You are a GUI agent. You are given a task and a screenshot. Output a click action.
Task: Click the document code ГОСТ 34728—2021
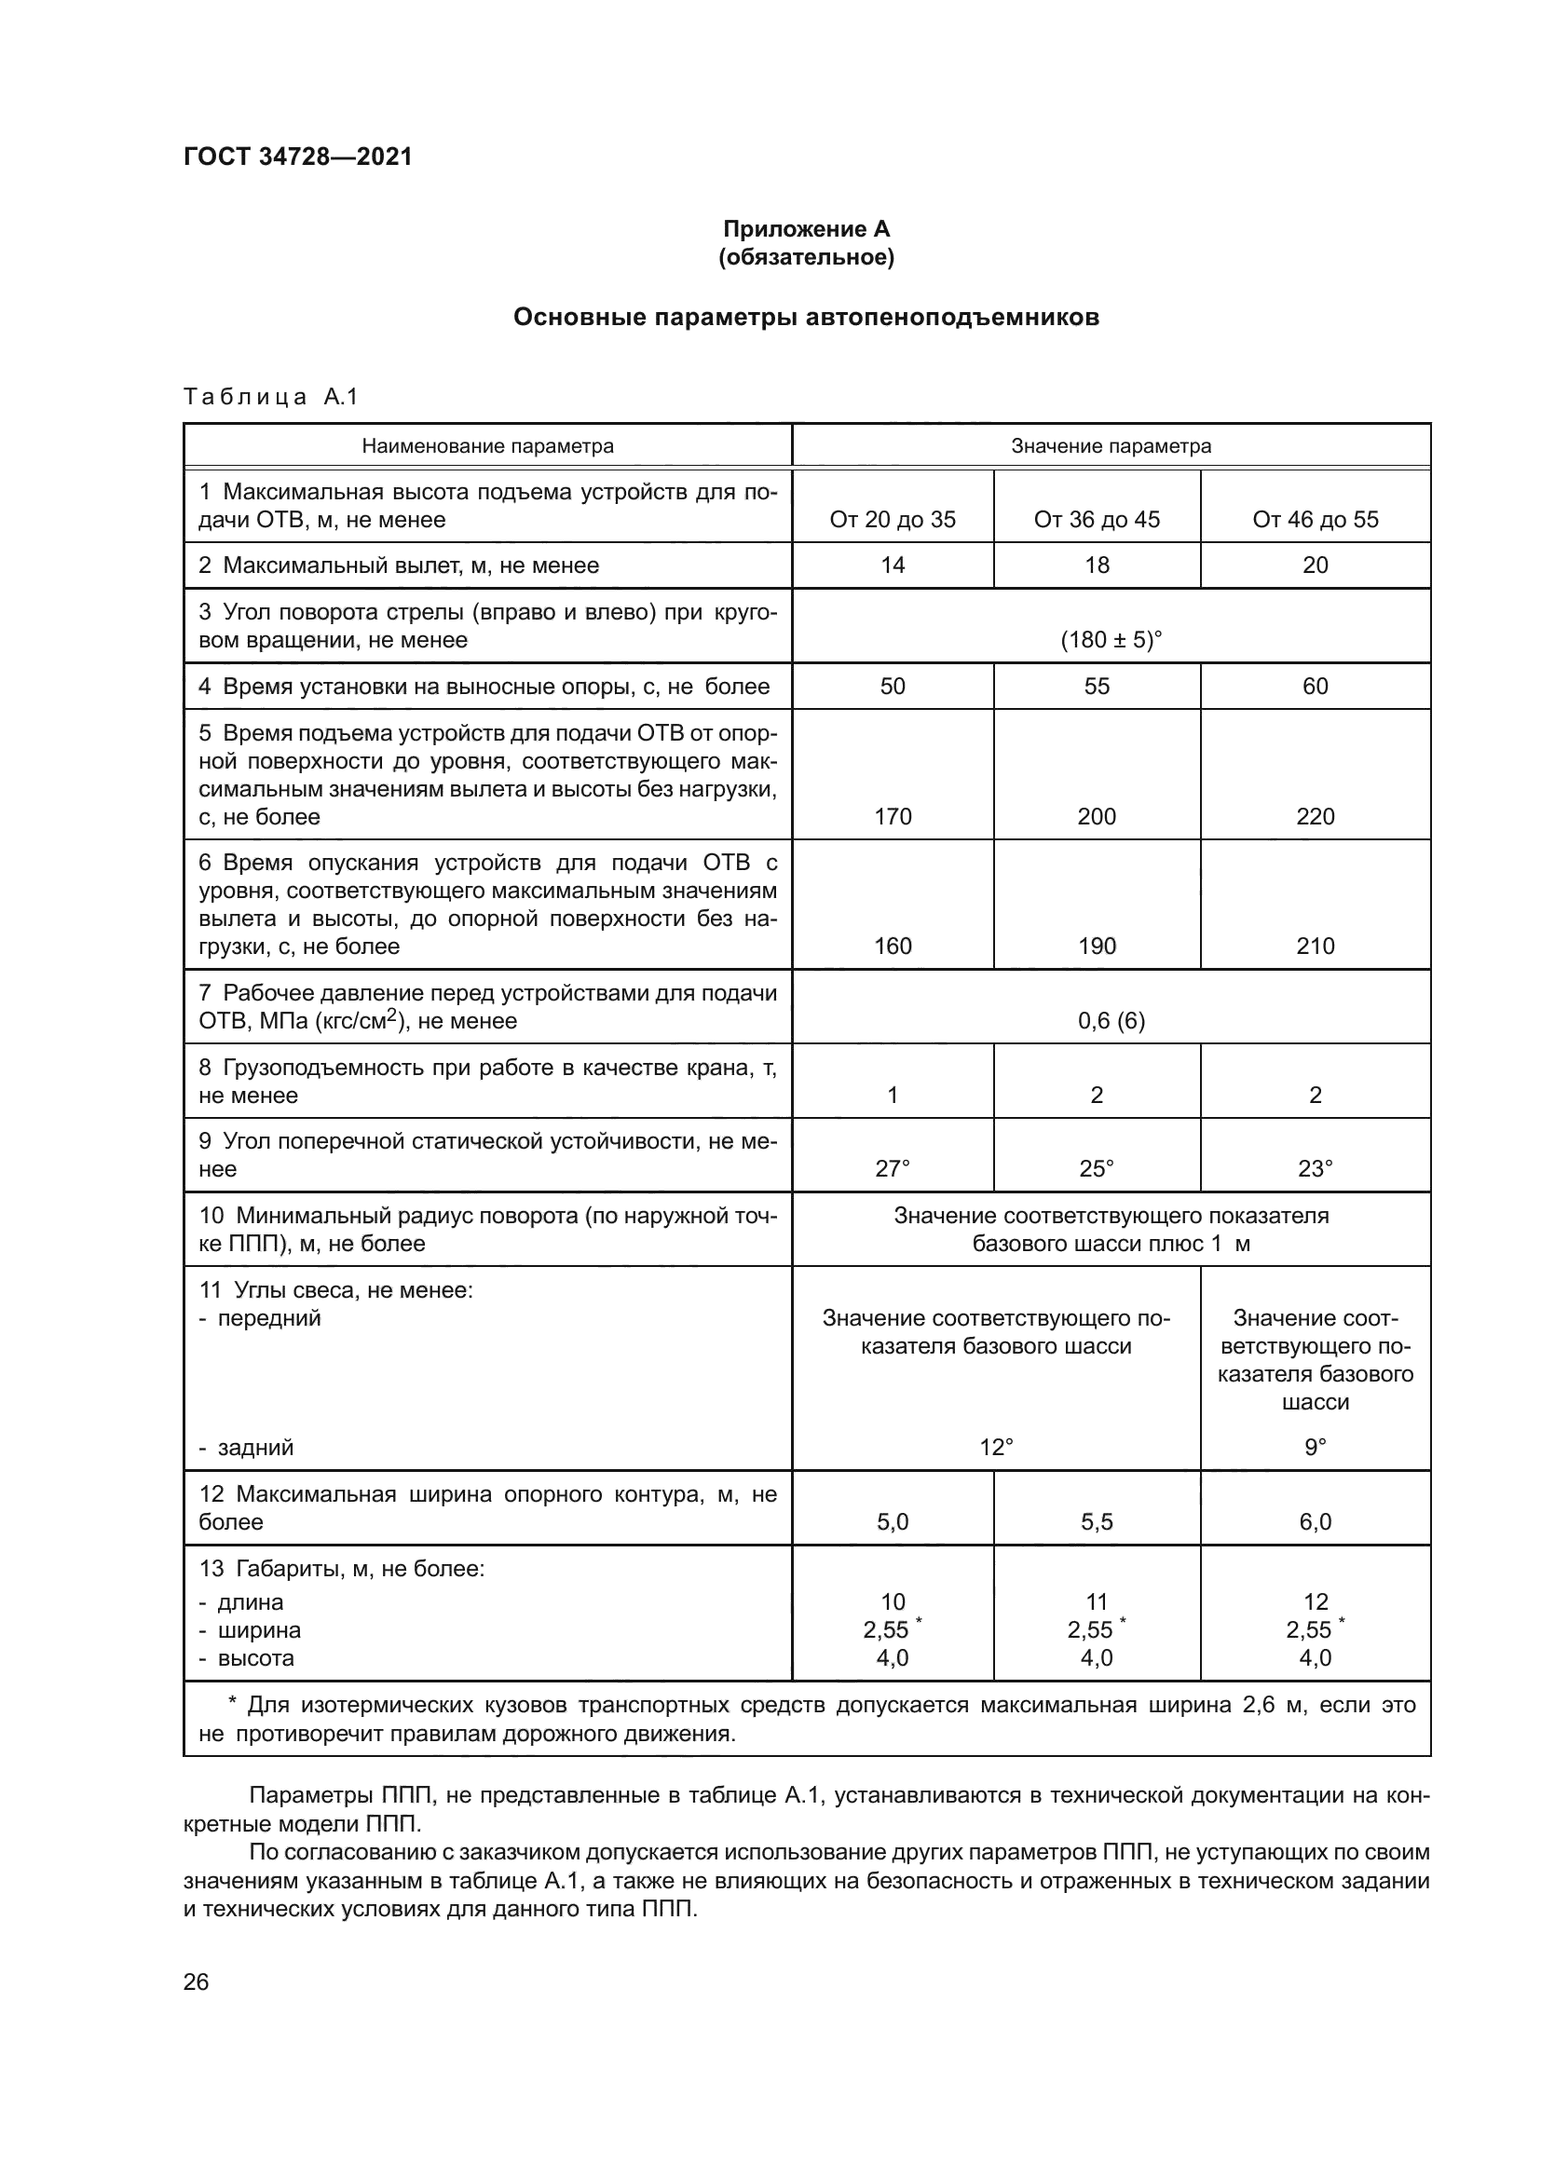298,157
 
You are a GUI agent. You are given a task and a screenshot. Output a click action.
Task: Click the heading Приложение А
806,229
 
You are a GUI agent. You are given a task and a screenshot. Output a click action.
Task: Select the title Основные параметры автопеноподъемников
806,317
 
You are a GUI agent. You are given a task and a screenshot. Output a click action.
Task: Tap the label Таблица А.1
270,397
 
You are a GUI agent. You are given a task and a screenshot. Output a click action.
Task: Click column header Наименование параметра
487,446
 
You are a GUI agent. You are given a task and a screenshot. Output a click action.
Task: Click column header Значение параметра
1111,446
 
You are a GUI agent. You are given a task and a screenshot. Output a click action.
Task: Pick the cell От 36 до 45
1096,519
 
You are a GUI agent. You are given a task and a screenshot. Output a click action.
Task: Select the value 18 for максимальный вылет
1096,565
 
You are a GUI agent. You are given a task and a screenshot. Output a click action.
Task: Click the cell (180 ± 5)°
1111,640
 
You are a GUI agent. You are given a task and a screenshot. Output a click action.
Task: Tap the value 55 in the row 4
1096,687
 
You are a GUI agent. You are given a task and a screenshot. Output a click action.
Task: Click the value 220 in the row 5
1315,816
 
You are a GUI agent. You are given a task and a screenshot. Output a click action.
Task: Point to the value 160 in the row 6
892,947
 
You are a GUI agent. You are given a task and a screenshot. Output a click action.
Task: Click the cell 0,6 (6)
1111,1021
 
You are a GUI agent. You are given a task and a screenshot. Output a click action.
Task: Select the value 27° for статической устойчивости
892,1169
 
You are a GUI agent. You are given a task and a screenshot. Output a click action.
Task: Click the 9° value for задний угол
1315,1448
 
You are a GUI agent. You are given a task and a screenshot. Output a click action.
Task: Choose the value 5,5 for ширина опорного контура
1096,1522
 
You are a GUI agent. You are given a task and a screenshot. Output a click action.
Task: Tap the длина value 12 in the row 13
1316,1602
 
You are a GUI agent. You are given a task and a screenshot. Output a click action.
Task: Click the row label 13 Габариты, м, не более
342,1569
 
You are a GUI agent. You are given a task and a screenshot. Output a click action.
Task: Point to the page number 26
196,1982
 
